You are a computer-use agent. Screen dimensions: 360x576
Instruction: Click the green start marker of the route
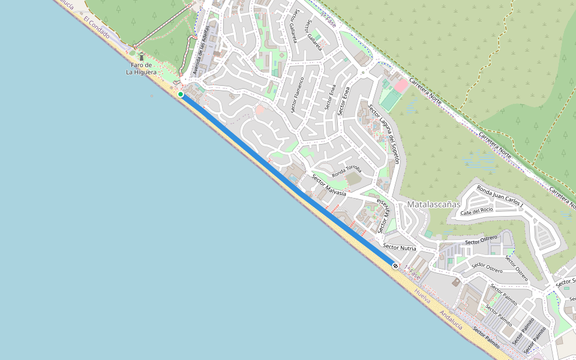pyautogui.click(x=181, y=94)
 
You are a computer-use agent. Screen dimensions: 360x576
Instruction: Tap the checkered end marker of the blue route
pyautogui.click(x=395, y=265)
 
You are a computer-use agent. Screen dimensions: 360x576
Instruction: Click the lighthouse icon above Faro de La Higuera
pyautogui.click(x=142, y=56)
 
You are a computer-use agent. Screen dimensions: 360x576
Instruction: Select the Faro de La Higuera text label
pyautogui.click(x=141, y=68)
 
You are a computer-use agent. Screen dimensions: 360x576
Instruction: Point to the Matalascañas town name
pyautogui.click(x=433, y=204)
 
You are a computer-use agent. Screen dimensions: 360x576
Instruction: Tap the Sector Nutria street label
pyautogui.click(x=400, y=247)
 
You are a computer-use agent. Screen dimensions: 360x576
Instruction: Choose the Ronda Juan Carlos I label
pyautogui.click(x=500, y=197)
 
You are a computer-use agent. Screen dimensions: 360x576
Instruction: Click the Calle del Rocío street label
pyautogui.click(x=477, y=211)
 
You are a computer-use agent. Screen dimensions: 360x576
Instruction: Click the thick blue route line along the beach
pyautogui.click(x=288, y=180)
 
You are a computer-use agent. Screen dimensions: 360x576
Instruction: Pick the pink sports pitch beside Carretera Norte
pyautogui.click(x=401, y=86)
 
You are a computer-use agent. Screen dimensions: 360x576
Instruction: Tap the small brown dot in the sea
pyautogui.click(x=151, y=95)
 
